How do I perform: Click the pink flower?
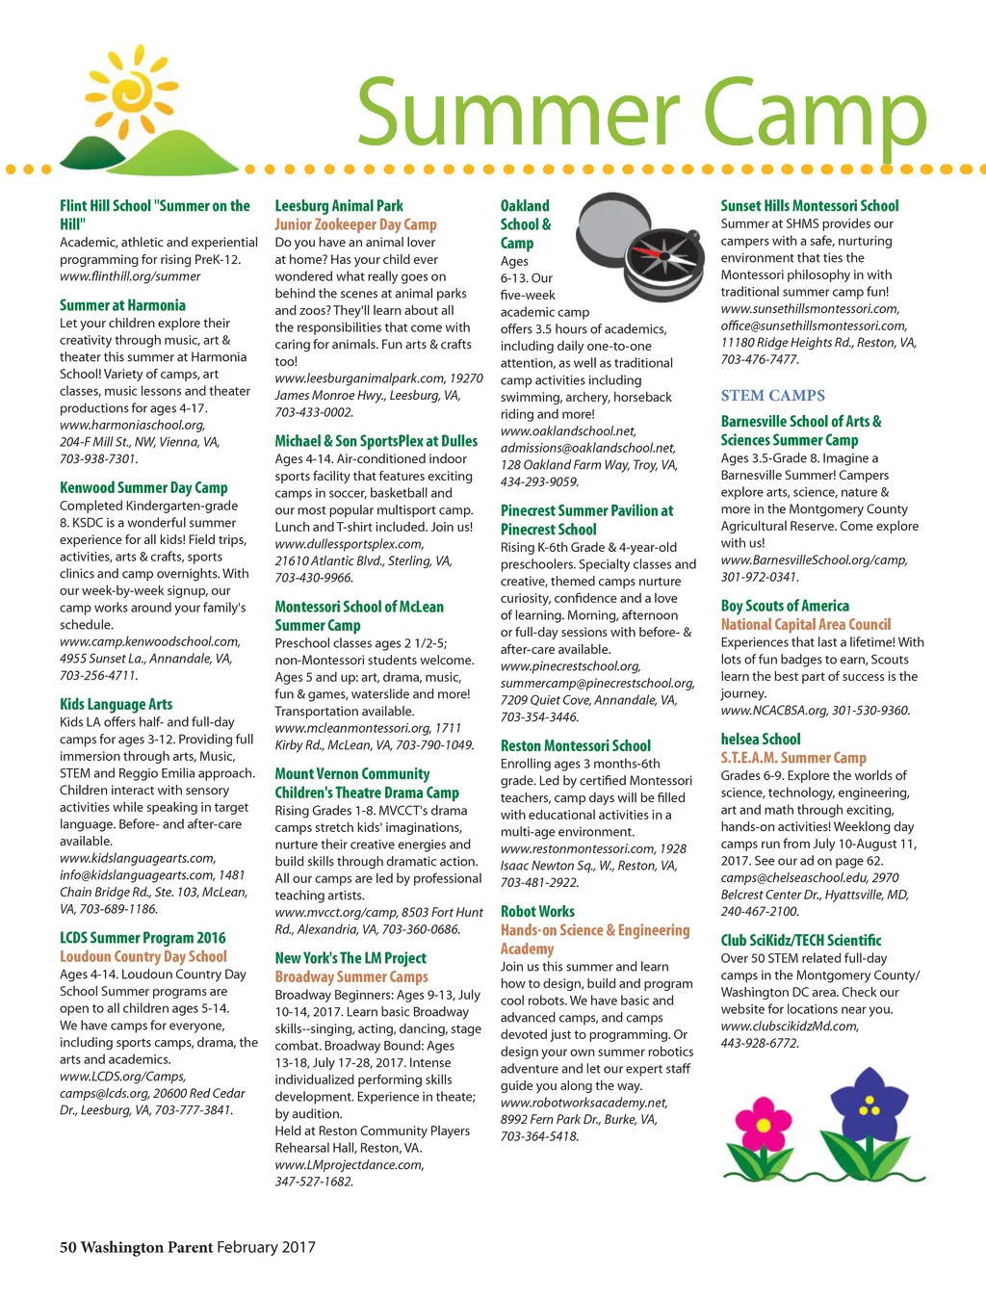click(763, 1124)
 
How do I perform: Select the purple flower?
click(869, 1107)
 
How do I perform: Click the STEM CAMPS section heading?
click(772, 396)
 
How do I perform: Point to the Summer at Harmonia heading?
click(122, 305)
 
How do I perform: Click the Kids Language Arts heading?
click(116, 705)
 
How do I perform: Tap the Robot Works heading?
click(537, 912)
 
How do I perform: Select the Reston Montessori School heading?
click(575, 746)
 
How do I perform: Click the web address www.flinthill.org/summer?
click(130, 276)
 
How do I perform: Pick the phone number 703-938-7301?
click(98, 459)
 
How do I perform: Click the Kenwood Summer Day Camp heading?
click(143, 488)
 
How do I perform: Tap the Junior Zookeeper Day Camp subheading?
click(355, 224)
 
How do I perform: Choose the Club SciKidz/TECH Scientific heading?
click(800, 941)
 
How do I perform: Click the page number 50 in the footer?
click(67, 1248)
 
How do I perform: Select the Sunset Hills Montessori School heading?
click(809, 206)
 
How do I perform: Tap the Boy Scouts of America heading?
click(785, 606)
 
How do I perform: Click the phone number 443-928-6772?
click(760, 1044)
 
